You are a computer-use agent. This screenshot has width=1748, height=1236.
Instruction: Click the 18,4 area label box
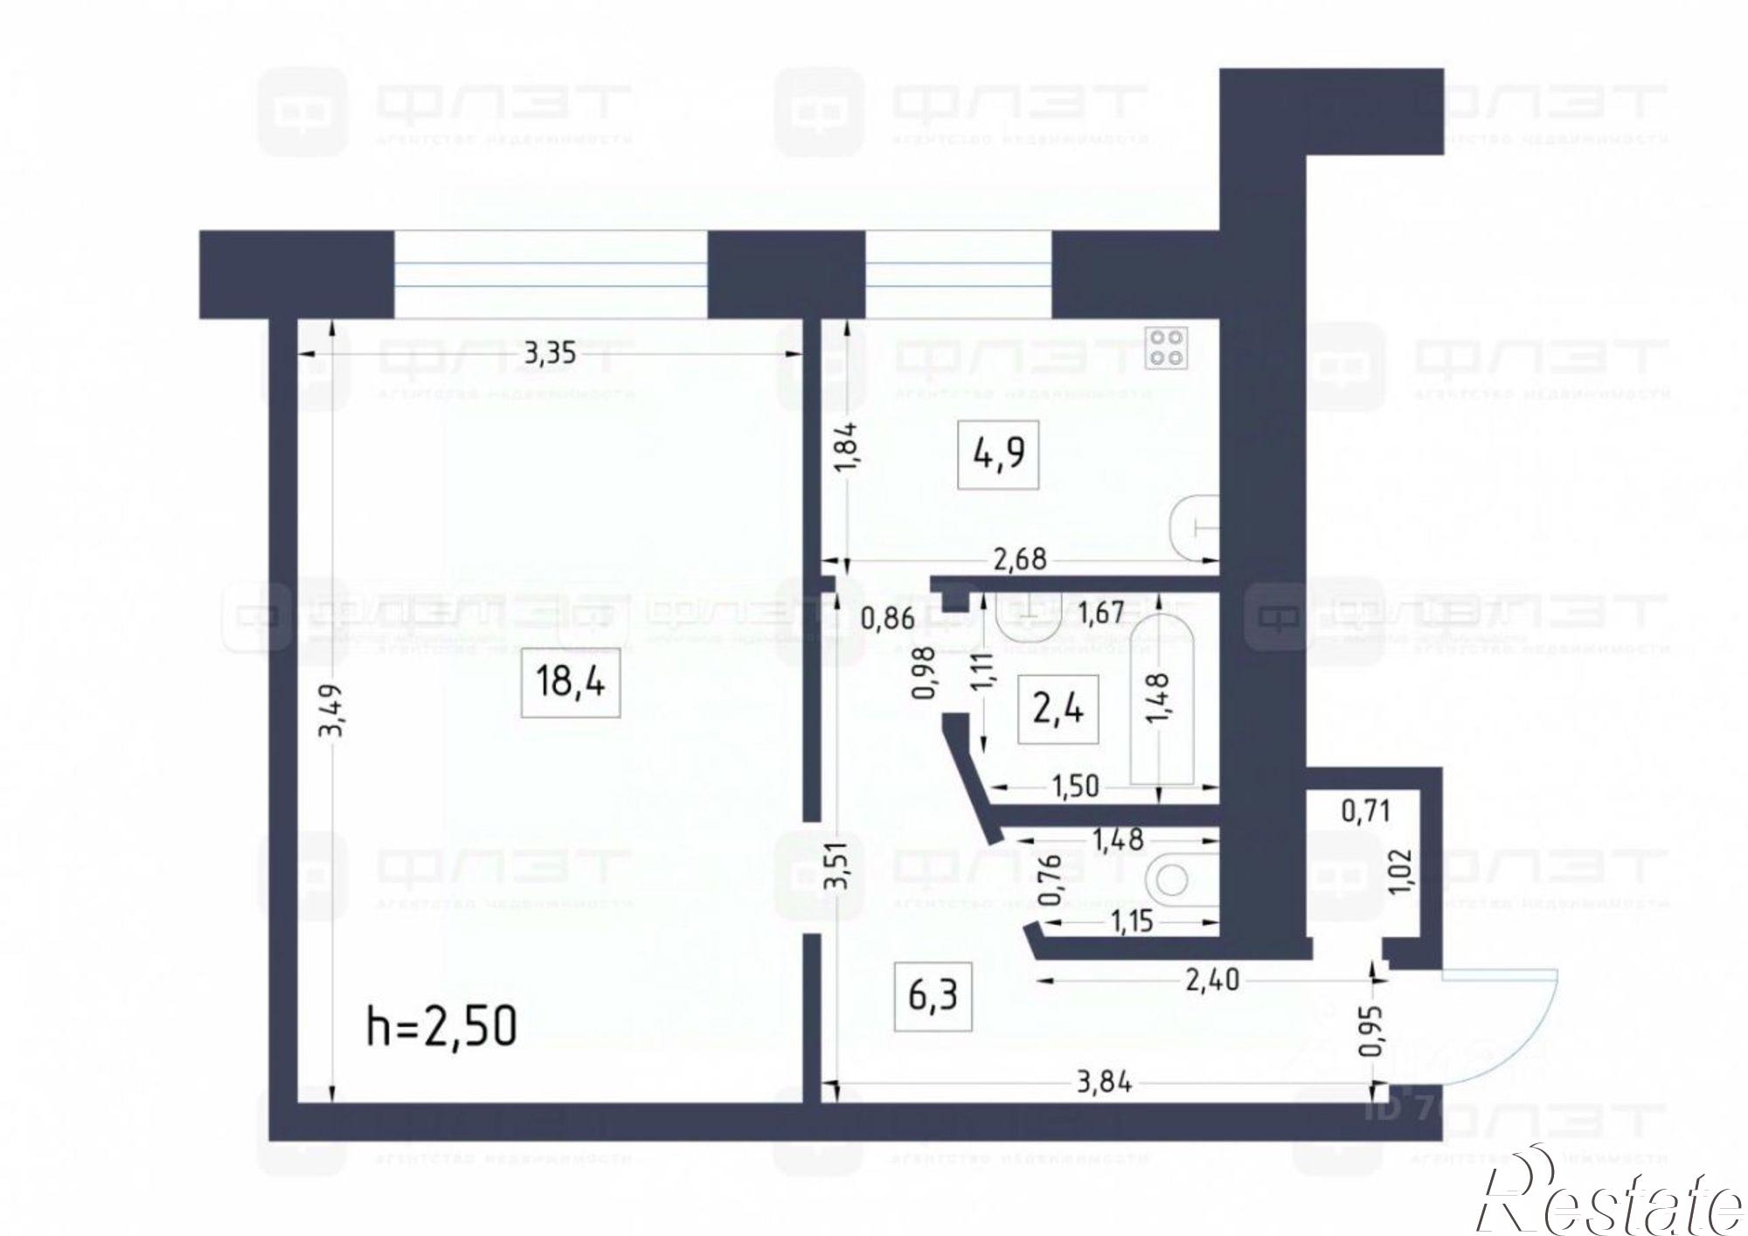click(x=570, y=682)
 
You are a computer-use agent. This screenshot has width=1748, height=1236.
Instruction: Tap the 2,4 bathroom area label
click(x=1058, y=709)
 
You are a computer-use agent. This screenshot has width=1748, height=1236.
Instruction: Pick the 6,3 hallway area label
click(x=933, y=995)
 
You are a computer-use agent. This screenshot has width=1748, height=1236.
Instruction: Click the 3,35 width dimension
click(x=549, y=354)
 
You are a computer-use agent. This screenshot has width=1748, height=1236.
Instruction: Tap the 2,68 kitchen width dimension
click(x=1020, y=559)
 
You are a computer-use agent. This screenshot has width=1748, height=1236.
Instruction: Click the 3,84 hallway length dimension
click(x=1104, y=1083)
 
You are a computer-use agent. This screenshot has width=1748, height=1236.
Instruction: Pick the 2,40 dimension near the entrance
click(x=1211, y=979)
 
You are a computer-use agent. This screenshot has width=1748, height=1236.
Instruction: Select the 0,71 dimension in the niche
click(x=1365, y=812)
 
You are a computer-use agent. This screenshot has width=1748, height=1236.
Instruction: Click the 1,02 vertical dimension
click(x=1401, y=872)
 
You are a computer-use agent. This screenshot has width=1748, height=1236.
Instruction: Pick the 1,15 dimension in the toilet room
click(x=1133, y=921)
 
